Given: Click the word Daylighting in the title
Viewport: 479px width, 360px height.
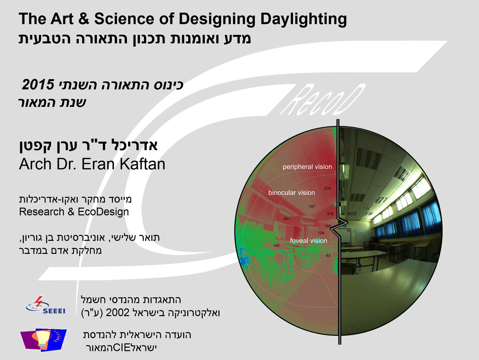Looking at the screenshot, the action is pos(303,20).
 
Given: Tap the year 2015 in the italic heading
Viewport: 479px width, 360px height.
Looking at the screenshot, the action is pos(38,85).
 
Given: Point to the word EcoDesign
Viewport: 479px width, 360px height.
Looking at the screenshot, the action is pos(103,212).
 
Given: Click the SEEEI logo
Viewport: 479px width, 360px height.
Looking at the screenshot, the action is pos(46,305).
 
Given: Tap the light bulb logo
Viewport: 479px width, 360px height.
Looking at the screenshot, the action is pos(43,340).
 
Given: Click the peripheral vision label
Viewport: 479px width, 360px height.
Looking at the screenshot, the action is pos(307,167).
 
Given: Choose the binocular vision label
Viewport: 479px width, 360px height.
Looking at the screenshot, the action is pos(291,193).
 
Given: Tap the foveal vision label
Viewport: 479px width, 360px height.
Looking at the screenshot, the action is pos(309,241).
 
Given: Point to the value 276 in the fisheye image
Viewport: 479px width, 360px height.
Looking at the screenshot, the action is pos(327,188).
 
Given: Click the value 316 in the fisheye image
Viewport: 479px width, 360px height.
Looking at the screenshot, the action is pos(330,214).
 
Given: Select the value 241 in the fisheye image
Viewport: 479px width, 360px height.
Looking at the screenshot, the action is pos(287,219).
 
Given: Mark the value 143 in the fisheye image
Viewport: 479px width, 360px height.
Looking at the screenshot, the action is pos(276,245).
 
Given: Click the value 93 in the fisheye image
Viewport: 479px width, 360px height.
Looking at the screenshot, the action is pos(328,255).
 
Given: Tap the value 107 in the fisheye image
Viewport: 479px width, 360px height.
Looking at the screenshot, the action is pos(312,206).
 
